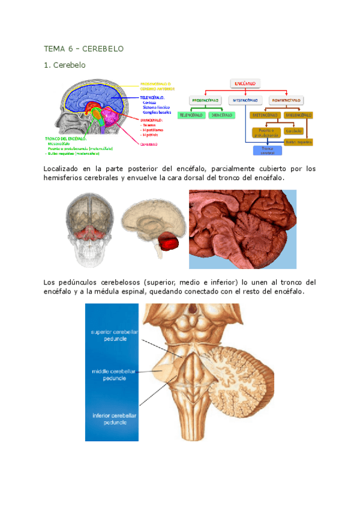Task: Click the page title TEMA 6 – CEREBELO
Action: pos(83,49)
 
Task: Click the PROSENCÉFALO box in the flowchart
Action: pos(205,100)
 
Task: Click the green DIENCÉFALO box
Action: pos(221,115)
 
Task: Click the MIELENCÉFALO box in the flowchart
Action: pos(298,115)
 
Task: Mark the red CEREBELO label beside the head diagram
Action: pos(149,145)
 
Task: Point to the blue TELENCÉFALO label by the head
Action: pos(152,96)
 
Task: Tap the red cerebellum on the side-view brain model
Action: pos(169,243)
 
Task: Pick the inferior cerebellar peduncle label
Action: pos(113,418)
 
